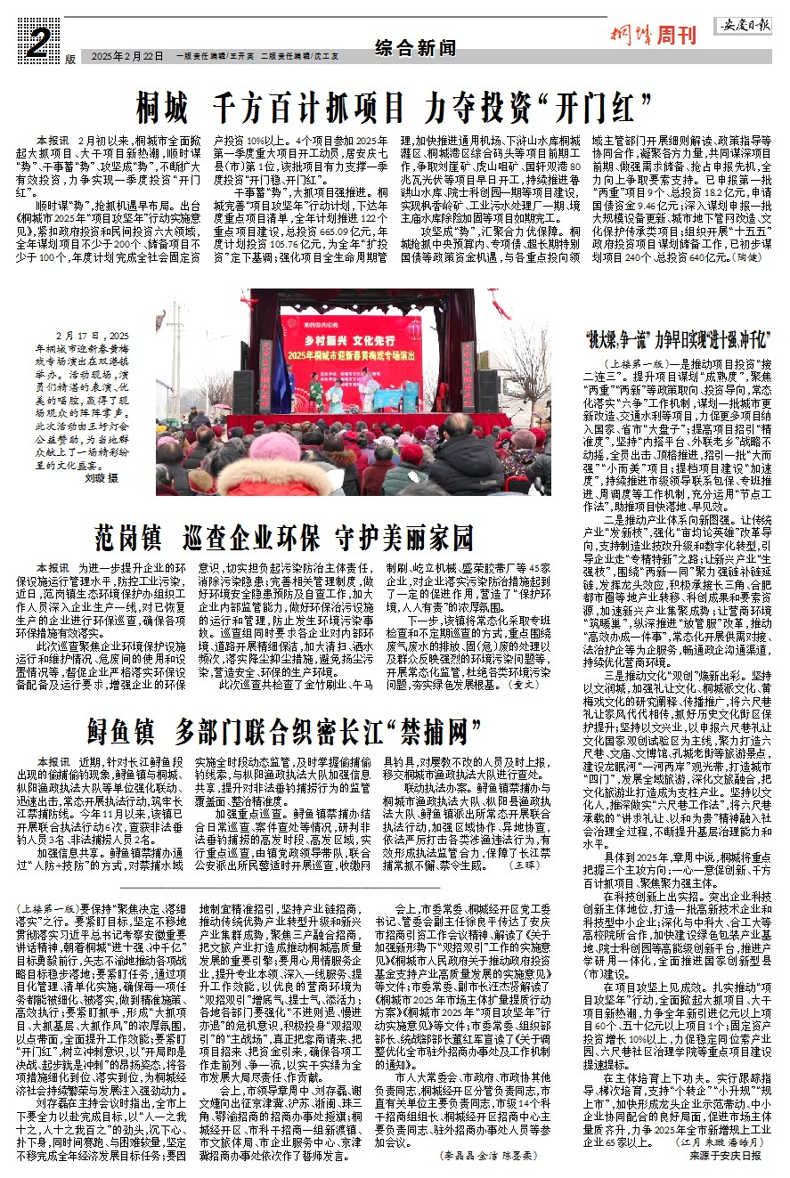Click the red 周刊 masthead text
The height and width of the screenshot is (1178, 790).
[x=676, y=37]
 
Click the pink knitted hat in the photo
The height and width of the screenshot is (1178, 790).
[x=276, y=445]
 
